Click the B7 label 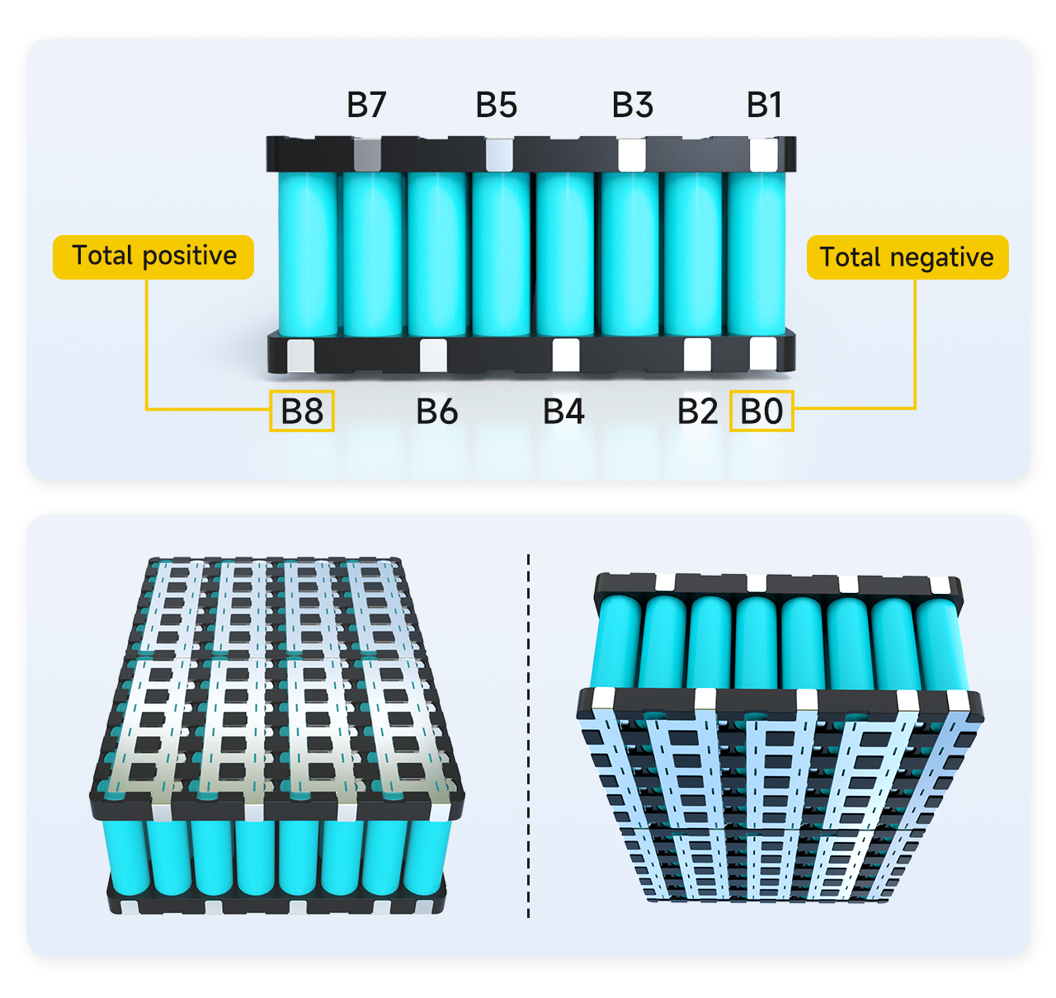point(366,105)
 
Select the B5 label point(496,105)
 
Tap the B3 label point(632,105)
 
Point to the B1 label point(764,105)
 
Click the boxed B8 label point(302,411)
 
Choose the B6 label point(436,411)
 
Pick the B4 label point(563,411)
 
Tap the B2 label point(697,411)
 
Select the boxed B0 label point(761,411)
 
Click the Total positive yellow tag point(153,257)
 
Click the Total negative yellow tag point(907,257)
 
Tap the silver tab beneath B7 point(367,155)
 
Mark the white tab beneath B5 point(499,155)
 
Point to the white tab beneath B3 point(632,155)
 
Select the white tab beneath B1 point(763,155)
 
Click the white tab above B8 point(300,355)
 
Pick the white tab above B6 point(433,355)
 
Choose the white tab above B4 point(565,355)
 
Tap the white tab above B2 point(697,355)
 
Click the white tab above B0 point(762,354)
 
